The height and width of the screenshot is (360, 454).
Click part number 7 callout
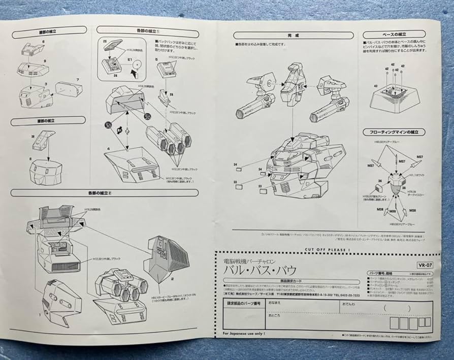(x=78, y=80)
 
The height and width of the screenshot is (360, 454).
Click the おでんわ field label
(x=349, y=304)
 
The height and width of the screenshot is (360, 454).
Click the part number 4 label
(x=108, y=149)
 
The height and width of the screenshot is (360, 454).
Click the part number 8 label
(x=30, y=159)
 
